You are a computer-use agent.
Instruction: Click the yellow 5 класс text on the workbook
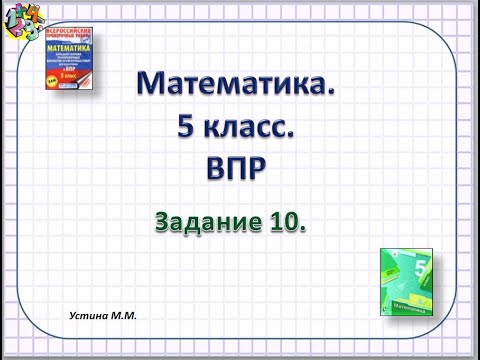(79, 75)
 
